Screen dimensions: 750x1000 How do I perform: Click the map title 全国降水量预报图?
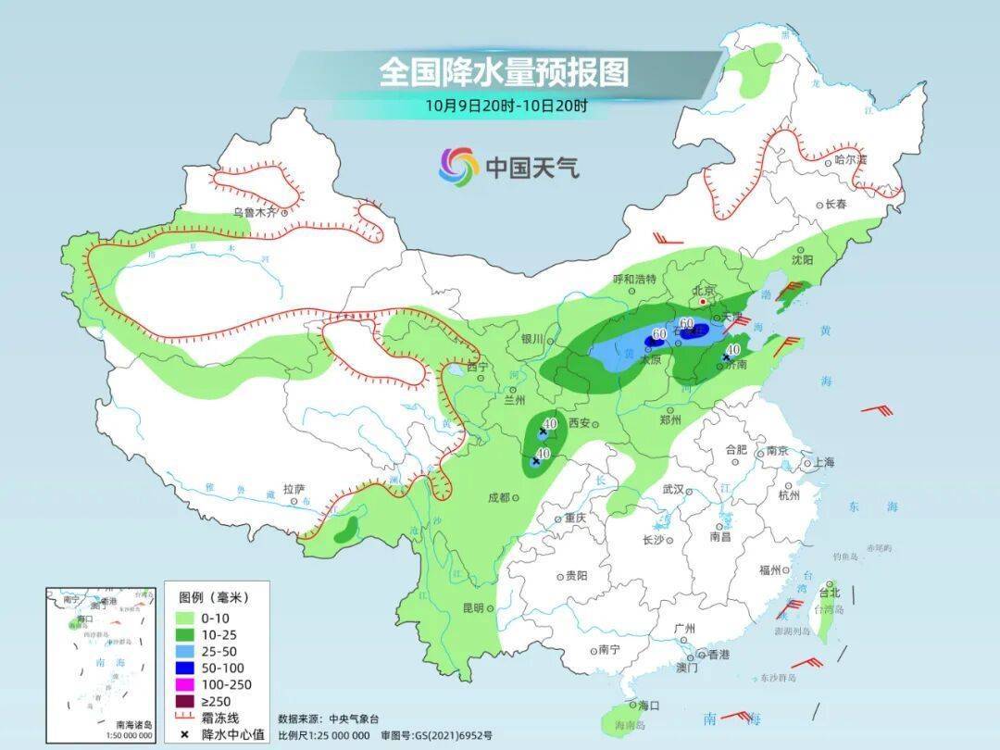pos(503,71)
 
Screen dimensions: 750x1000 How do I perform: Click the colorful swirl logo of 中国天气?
pos(458,167)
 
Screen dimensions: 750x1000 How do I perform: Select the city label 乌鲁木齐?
pos(254,212)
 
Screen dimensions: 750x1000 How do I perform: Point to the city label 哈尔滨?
pos(850,160)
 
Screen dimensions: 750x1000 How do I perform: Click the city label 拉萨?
pos(294,488)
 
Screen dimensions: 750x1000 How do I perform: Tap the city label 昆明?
pos(472,607)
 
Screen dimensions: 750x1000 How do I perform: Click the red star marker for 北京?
pos(704,302)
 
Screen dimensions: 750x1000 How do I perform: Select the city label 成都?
pos(498,497)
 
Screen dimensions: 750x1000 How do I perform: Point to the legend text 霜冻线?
pos(220,718)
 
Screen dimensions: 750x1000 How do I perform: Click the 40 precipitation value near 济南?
pos(732,349)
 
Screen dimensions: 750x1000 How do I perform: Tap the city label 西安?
pos(579,423)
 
